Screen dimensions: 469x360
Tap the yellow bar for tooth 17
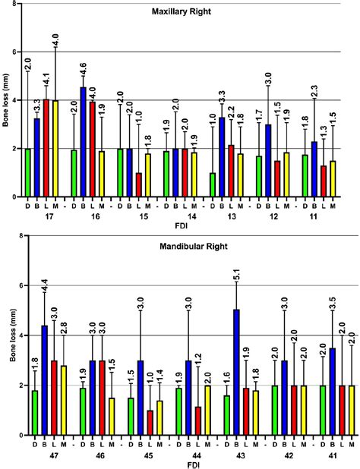[x=55, y=149]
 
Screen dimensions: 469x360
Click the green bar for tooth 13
[x=212, y=184]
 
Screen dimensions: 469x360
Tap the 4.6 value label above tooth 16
[x=84, y=67]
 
